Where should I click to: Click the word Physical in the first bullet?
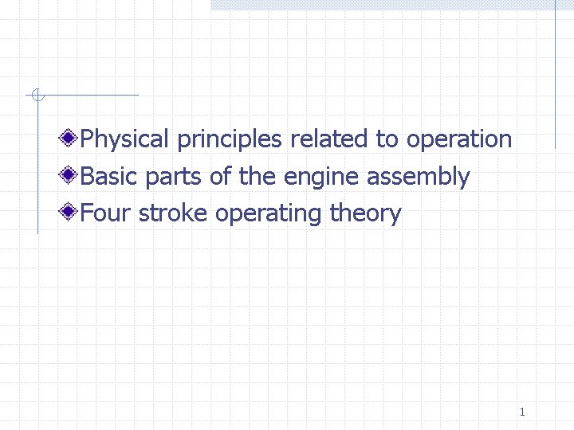pyautogui.click(x=125, y=139)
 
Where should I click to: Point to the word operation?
pyautogui.click(x=459, y=140)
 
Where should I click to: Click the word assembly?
pyautogui.click(x=419, y=177)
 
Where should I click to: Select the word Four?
pyautogui.click(x=106, y=213)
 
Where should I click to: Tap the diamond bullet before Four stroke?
pyautogui.click(x=70, y=213)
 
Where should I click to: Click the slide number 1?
pyautogui.click(x=521, y=412)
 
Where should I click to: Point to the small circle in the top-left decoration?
pyautogui.click(x=36, y=96)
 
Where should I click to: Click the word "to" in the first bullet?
pyautogui.click(x=387, y=139)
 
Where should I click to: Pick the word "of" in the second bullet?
pyautogui.click(x=219, y=176)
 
